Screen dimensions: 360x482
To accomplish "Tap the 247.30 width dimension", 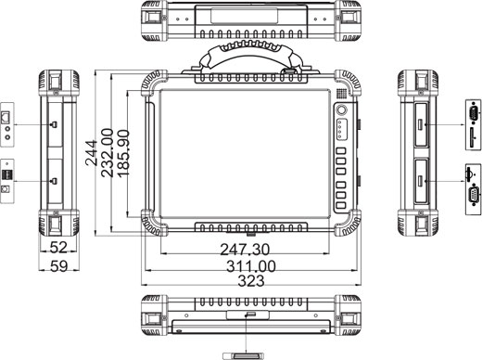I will click(x=246, y=249).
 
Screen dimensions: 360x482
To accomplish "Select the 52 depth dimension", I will click(x=57, y=249).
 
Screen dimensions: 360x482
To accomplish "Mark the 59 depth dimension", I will click(x=57, y=267).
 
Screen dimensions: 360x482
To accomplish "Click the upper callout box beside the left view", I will click(x=8, y=123).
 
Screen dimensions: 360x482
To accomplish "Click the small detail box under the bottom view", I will click(x=247, y=354).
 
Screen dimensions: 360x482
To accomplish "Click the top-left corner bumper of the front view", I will click(x=150, y=84).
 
